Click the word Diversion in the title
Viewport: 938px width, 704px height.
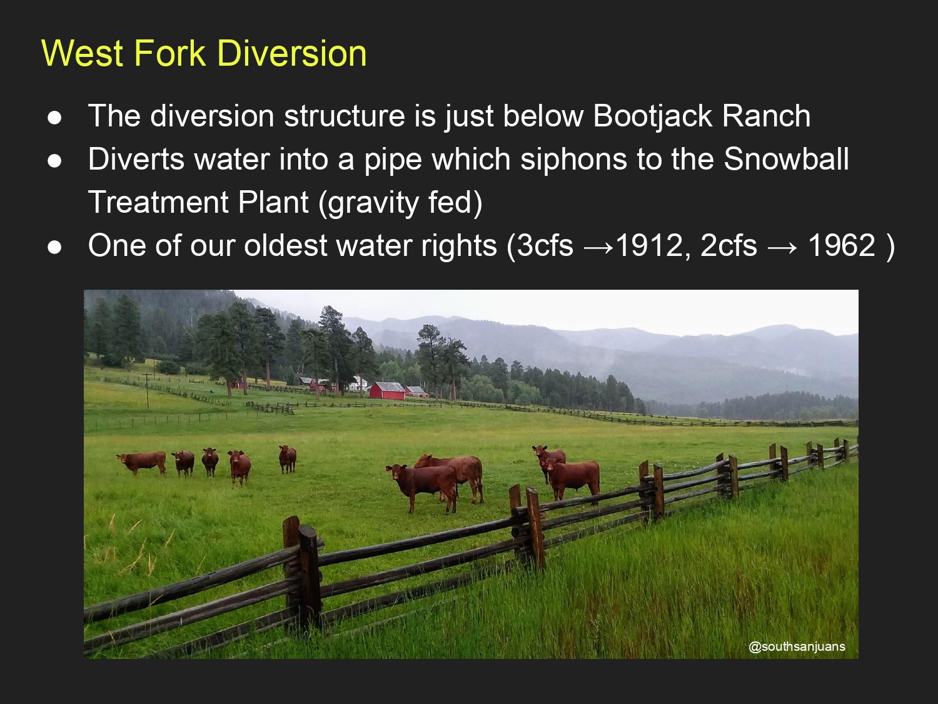[x=292, y=53]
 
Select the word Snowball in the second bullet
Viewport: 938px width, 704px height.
[x=786, y=158]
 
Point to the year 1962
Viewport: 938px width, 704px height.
[x=842, y=245]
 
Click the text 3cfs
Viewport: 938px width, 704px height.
[x=545, y=245]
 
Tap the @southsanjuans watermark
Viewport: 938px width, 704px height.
[x=797, y=646]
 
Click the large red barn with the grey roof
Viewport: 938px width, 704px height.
[x=386, y=390]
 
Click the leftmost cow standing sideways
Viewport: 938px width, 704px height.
[x=142, y=462]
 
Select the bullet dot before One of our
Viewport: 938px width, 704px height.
[x=54, y=247]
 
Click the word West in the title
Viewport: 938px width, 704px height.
[x=83, y=53]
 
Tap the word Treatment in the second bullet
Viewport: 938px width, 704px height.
[x=158, y=202]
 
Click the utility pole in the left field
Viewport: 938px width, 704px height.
[x=147, y=390]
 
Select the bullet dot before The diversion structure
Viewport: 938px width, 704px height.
[x=54, y=118]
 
